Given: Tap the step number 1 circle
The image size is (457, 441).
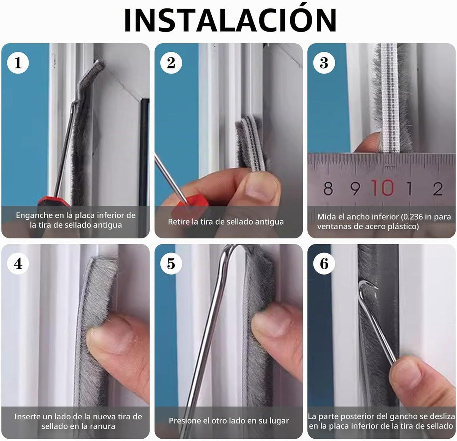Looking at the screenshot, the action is click(x=18, y=63).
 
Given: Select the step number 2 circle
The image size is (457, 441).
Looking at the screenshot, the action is click(x=171, y=63).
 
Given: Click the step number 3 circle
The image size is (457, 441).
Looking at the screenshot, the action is click(x=324, y=63).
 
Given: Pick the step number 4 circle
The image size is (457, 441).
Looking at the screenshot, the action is click(x=18, y=264).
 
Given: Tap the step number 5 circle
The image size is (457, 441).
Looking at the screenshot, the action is click(x=171, y=264).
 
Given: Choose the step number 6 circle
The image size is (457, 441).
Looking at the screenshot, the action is click(x=324, y=264).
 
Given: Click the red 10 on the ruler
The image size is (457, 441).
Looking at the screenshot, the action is click(x=383, y=188).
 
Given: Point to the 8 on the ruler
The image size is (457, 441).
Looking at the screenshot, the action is click(x=328, y=189).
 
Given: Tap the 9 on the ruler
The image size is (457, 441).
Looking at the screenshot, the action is click(x=355, y=189).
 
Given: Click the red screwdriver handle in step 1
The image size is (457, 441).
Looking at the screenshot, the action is click(x=54, y=201).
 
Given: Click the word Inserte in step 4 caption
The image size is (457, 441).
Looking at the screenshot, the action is click(x=26, y=417).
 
